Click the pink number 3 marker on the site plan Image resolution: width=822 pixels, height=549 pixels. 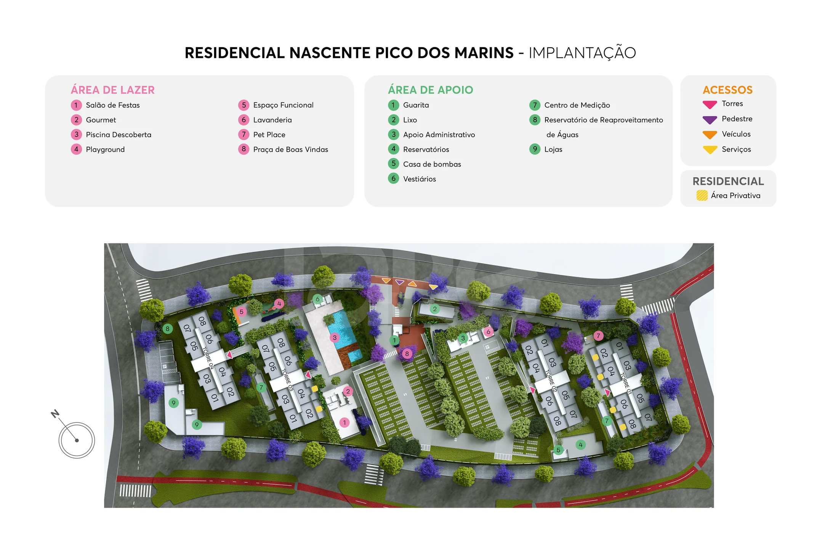[334, 337]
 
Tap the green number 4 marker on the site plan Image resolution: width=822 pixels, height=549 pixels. [580, 445]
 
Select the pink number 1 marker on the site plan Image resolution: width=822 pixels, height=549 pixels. [345, 422]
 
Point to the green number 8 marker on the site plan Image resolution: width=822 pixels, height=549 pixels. [167, 329]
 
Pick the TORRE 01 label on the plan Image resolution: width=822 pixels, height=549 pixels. [626, 383]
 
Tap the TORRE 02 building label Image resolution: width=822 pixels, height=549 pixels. [551, 380]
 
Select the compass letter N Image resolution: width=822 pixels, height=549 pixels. [55, 414]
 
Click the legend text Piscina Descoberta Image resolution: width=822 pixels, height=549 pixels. [119, 135]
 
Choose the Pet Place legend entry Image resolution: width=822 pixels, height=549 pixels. [269, 135]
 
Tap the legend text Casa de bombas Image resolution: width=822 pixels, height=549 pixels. [432, 164]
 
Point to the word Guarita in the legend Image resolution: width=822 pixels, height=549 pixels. [416, 105]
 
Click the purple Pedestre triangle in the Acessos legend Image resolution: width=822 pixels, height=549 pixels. [710, 120]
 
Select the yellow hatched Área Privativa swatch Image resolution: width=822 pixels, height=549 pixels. [702, 196]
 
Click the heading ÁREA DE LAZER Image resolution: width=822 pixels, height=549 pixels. [113, 90]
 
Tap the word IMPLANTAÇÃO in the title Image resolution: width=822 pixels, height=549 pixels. [582, 53]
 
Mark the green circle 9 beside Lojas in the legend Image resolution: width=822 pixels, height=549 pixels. [535, 149]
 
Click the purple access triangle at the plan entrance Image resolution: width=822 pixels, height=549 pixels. [399, 282]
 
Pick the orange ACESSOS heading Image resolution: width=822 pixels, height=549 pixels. [727, 90]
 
